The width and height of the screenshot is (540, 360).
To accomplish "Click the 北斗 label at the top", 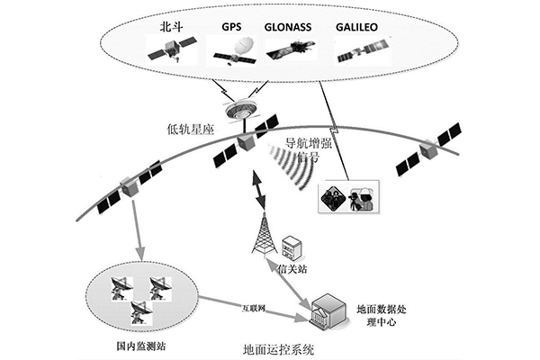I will [x=166, y=28].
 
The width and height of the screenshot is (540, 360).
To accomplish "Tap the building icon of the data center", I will [x=328, y=310].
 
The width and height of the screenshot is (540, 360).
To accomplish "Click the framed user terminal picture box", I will [x=349, y=196].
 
